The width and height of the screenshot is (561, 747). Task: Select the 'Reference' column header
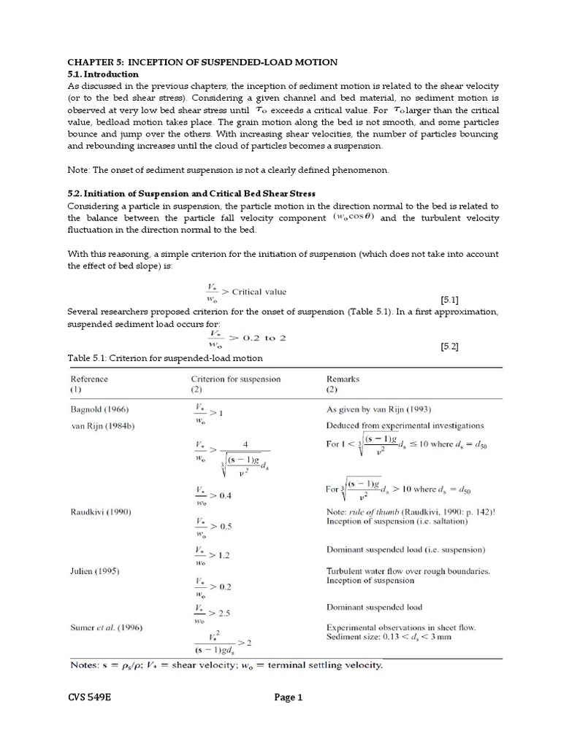click(89, 379)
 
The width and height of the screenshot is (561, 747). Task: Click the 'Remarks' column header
click(343, 379)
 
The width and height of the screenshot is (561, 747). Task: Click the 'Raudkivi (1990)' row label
click(100, 512)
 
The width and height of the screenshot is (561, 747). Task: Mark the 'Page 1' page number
click(288, 697)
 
